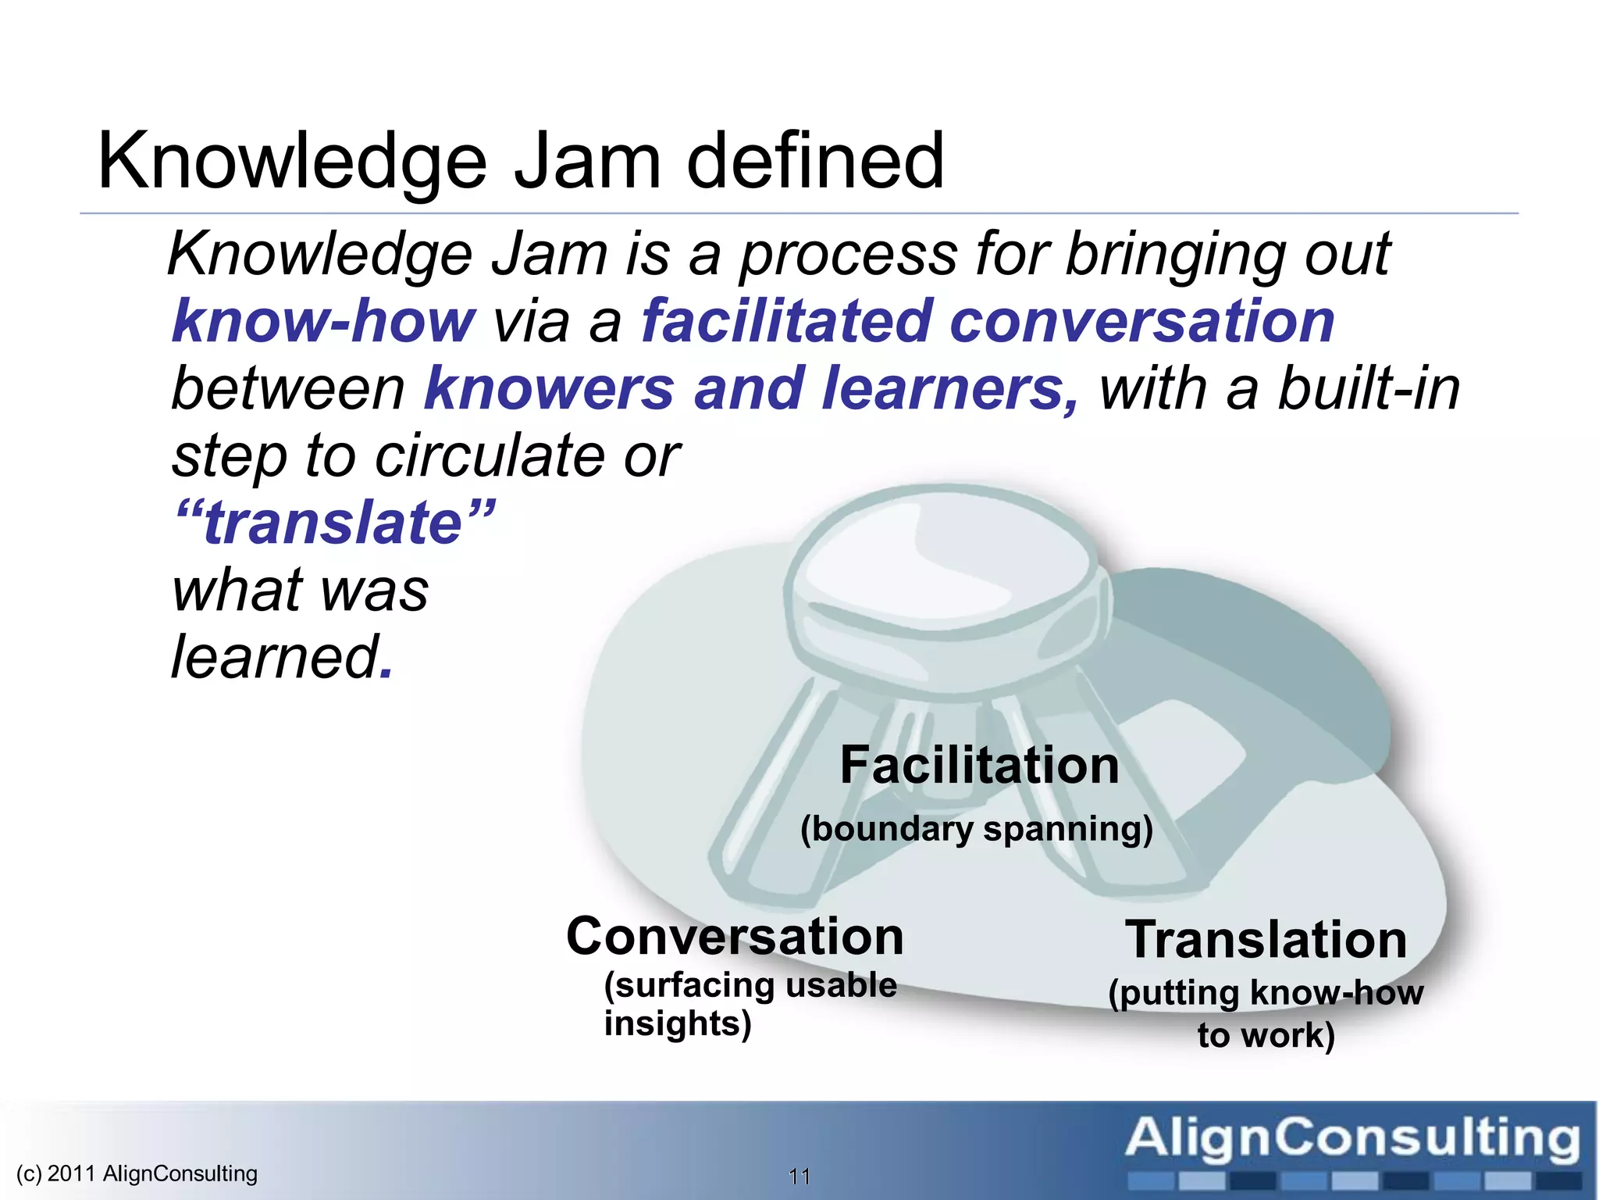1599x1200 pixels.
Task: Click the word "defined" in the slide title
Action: click(x=815, y=162)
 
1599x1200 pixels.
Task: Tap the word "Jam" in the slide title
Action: click(x=587, y=162)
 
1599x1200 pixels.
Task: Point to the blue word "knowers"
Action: click(x=549, y=388)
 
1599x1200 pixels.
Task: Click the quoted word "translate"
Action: click(x=333, y=523)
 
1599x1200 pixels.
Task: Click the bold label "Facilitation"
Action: click(x=979, y=765)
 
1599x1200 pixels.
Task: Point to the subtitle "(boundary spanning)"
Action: click(x=977, y=828)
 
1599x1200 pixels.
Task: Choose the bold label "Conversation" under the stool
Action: click(x=735, y=936)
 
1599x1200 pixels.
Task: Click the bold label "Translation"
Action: click(x=1266, y=939)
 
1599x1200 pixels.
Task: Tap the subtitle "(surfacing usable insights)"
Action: click(x=750, y=1004)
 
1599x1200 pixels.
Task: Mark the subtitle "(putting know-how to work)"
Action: click(x=1266, y=1013)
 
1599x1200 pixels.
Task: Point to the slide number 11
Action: click(x=799, y=1176)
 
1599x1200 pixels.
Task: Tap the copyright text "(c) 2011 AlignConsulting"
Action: click(x=137, y=1173)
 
